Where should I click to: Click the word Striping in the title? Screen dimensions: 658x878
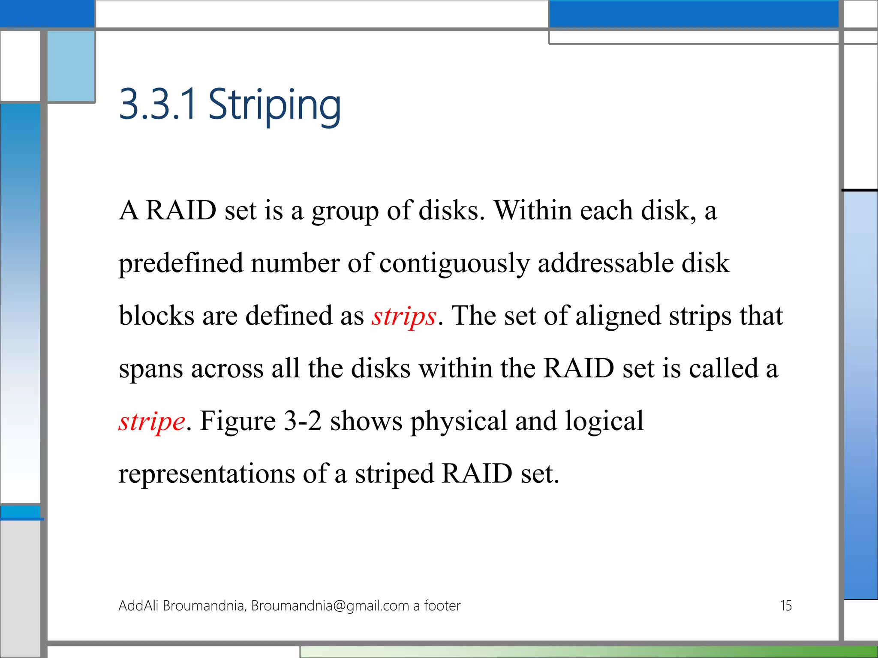[274, 105]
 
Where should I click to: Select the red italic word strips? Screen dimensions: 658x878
[404, 316]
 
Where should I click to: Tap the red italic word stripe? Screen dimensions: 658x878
[152, 422]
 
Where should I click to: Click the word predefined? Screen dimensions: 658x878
[180, 263]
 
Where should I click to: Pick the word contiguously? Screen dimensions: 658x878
[454, 263]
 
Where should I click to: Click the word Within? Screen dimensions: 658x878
[533, 210]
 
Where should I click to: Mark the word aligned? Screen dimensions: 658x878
[618, 316]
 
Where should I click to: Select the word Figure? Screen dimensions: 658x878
[238, 421]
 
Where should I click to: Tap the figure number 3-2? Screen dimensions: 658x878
[303, 421]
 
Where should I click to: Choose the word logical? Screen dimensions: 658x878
[604, 422]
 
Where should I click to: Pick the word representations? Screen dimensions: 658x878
[207, 474]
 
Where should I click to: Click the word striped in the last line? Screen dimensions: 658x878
[394, 474]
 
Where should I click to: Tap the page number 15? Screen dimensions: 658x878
[785, 606]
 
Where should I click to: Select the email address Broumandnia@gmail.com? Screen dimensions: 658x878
[330, 606]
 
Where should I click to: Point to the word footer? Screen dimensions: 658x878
[442, 606]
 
